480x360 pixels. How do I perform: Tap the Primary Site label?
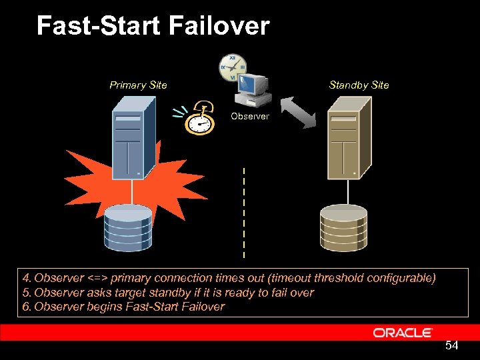(138, 85)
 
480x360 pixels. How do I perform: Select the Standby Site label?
(359, 85)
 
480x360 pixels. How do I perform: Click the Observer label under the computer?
(250, 116)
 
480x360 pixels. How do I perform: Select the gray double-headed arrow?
(297, 111)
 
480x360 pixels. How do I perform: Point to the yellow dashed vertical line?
(244, 213)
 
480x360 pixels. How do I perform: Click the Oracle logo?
(403, 332)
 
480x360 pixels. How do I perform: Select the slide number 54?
(451, 345)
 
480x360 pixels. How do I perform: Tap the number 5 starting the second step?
(25, 293)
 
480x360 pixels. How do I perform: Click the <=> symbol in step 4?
(97, 278)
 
